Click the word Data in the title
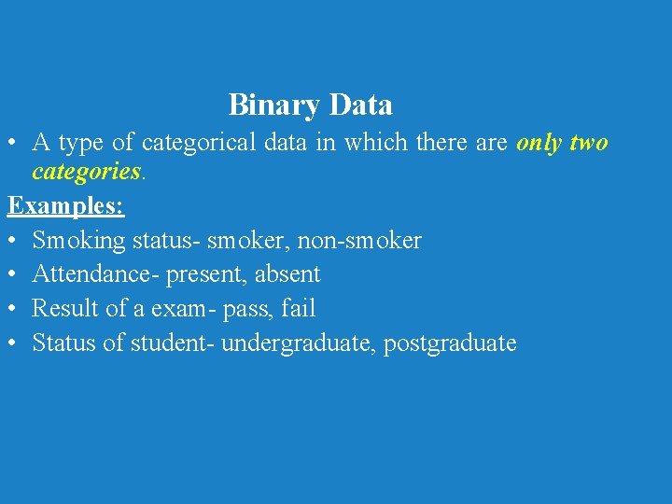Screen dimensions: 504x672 [x=361, y=105]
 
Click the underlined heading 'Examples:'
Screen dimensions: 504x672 [x=66, y=205]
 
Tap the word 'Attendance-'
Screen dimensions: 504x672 [x=96, y=274]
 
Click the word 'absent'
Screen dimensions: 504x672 [x=287, y=274]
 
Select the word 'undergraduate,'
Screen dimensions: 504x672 [x=297, y=343]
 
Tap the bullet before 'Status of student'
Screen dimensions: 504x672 [x=13, y=343]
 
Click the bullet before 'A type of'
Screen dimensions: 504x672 [x=13, y=144]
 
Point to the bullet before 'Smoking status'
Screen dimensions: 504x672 [x=13, y=241]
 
